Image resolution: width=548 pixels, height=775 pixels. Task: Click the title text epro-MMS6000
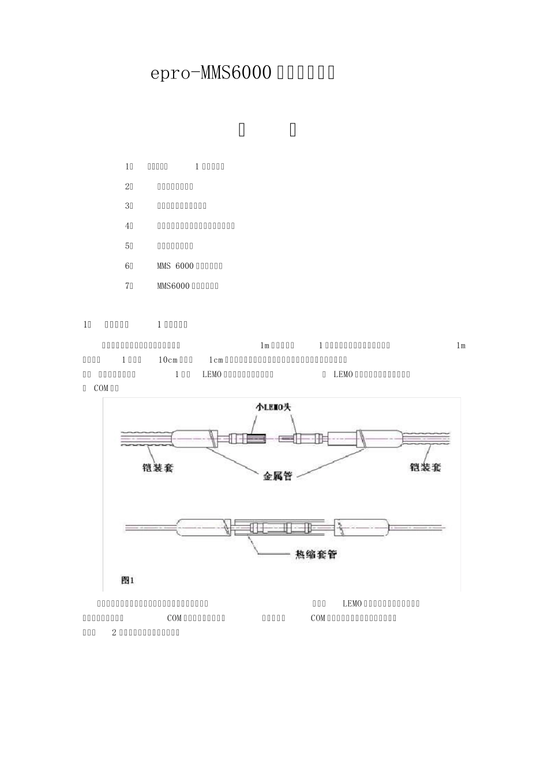click(x=211, y=73)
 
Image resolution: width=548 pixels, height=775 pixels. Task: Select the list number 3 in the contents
click(x=128, y=206)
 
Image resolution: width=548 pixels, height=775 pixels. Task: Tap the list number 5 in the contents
click(x=128, y=246)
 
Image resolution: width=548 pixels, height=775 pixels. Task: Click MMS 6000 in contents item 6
click(x=175, y=266)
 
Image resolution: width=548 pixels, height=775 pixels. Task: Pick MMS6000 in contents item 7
click(x=173, y=286)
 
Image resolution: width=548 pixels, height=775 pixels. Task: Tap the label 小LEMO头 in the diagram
click(x=274, y=407)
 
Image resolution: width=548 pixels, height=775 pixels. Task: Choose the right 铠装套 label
click(x=425, y=467)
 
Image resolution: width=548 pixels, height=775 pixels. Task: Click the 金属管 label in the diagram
click(x=277, y=476)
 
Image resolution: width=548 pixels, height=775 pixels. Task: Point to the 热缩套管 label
click(x=316, y=555)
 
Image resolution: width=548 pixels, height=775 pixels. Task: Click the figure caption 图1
click(x=127, y=580)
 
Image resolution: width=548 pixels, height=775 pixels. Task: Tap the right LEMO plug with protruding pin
click(x=297, y=438)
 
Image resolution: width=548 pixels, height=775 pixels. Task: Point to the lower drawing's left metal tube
click(x=203, y=528)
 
